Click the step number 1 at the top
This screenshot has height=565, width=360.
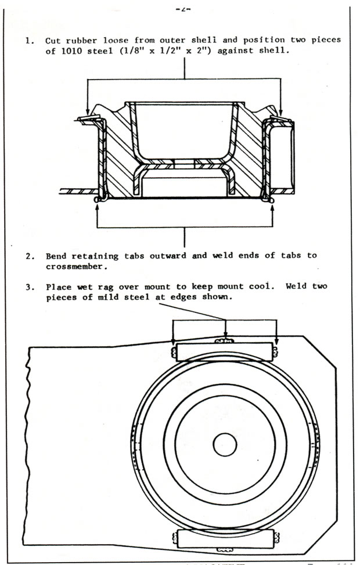point(27,41)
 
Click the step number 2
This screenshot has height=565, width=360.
point(27,256)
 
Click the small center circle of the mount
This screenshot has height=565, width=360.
point(225,445)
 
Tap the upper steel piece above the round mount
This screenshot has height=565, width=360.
point(224,351)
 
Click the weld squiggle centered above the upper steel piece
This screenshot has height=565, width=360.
point(225,341)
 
